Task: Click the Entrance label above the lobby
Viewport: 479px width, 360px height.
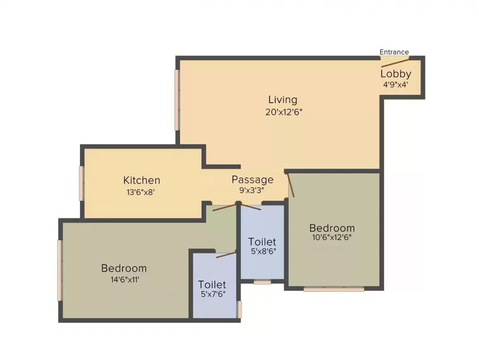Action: click(394, 52)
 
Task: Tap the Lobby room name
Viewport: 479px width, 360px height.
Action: click(396, 74)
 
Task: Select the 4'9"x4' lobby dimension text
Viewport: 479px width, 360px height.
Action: click(396, 84)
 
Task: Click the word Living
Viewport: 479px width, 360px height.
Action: click(282, 100)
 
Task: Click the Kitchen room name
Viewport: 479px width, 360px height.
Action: click(142, 180)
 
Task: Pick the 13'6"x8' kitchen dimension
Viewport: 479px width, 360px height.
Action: click(142, 192)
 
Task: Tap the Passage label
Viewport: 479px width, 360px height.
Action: click(252, 180)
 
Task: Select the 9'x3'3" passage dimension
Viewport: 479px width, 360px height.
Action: click(252, 190)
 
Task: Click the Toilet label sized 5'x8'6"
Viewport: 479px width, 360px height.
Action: click(262, 242)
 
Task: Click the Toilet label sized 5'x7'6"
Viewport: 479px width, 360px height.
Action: click(212, 285)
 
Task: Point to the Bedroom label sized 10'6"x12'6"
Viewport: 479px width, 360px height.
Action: click(332, 228)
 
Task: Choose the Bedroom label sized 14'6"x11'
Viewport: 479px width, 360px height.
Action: click(124, 268)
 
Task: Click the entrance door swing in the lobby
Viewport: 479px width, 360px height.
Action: click(395, 62)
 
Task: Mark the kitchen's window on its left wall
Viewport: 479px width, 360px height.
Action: click(82, 183)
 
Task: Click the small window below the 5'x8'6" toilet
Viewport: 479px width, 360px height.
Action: click(262, 282)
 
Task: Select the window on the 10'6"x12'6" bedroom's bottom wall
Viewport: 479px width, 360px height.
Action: click(334, 289)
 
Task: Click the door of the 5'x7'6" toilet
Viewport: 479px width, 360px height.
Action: click(225, 254)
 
